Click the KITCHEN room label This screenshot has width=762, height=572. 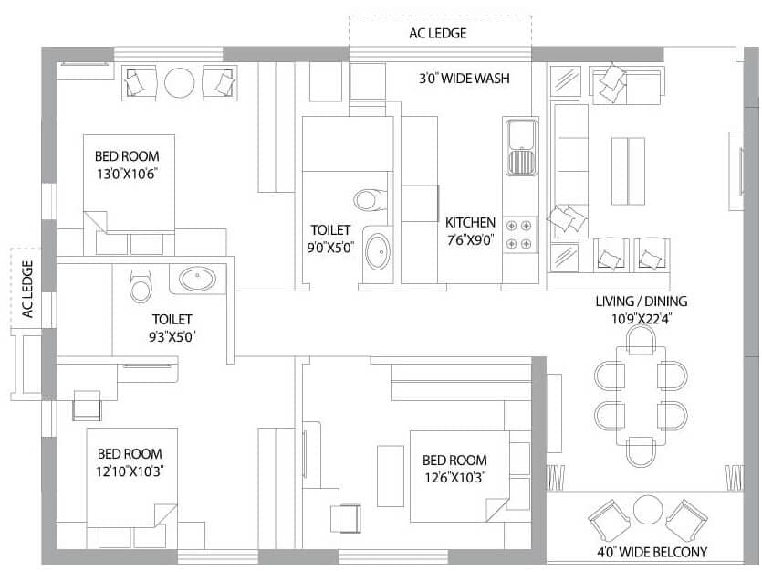point(470,222)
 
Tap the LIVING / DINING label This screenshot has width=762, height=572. point(642,302)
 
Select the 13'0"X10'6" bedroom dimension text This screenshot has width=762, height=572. point(127,174)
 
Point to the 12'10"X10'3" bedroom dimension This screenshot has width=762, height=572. point(130,471)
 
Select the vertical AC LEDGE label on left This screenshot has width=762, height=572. point(27,290)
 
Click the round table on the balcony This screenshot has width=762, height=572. point(647,510)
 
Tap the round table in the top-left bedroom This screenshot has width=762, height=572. point(180,83)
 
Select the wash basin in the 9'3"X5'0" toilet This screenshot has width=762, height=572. point(197,279)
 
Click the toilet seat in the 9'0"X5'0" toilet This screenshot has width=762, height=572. point(368,198)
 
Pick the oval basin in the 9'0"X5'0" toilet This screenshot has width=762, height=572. point(376,251)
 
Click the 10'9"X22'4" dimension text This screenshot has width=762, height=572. point(642,319)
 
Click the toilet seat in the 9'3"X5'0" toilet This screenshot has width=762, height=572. point(140,285)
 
